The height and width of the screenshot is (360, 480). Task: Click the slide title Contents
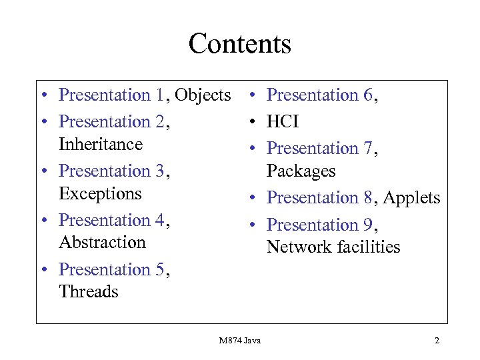(x=240, y=44)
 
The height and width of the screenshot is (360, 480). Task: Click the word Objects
(x=203, y=95)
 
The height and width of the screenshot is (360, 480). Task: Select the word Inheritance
(x=101, y=145)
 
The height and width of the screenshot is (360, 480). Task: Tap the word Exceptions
(x=100, y=194)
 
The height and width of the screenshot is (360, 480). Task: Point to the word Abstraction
(x=102, y=243)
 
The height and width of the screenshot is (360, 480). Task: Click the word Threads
(x=89, y=292)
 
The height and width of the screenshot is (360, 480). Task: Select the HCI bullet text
(x=283, y=122)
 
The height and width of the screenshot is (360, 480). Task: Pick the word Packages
(x=301, y=171)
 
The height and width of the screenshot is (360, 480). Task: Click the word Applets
(x=413, y=198)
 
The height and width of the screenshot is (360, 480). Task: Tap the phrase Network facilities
(x=333, y=247)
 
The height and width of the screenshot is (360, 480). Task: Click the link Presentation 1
(x=111, y=95)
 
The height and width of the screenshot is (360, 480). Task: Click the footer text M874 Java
(x=240, y=341)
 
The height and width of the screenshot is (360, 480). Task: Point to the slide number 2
(x=437, y=341)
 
